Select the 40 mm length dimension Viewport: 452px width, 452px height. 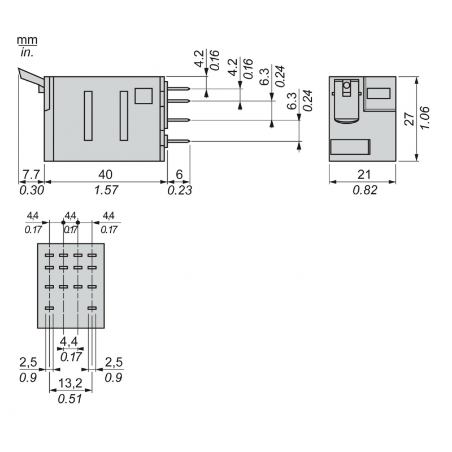106,173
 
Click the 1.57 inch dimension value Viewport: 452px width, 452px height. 106,190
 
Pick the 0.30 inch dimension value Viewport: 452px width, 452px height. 31,190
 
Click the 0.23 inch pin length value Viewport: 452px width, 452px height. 180,190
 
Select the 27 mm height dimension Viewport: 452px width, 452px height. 411,119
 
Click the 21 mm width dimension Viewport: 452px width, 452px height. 362,173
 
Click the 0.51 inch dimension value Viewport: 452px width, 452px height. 71,399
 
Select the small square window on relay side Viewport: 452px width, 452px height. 144,95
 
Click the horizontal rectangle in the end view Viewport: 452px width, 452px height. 350,146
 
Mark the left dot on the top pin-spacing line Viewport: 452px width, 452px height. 63,223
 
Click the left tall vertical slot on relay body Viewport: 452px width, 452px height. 88,116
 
